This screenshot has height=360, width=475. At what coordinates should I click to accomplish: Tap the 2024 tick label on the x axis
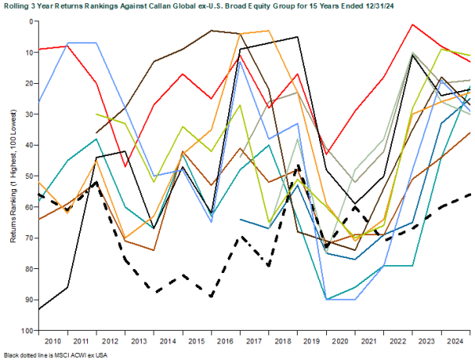click(x=456, y=340)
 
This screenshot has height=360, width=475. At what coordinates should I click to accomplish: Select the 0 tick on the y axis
click(x=32, y=21)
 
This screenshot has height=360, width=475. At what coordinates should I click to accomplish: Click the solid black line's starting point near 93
click(x=40, y=309)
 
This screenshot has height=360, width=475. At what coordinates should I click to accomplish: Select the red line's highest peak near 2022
click(x=413, y=25)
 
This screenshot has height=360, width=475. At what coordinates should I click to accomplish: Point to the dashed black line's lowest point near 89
click(x=211, y=296)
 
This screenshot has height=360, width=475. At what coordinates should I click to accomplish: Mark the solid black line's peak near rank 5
click(x=298, y=36)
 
